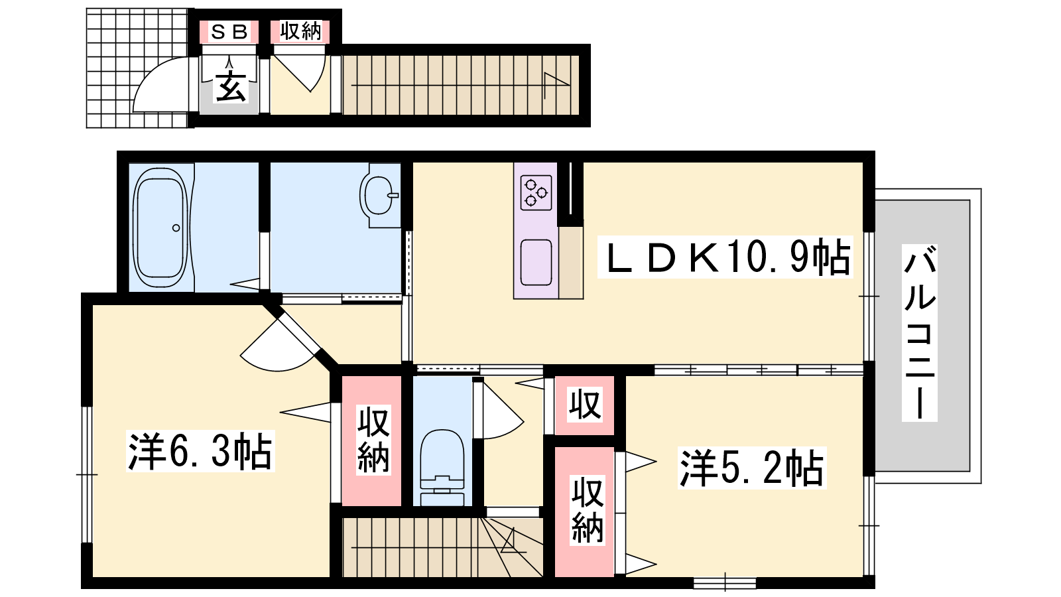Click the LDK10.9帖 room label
[x=725, y=257]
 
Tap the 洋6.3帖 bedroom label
[x=200, y=451]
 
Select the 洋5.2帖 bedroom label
[x=752, y=468]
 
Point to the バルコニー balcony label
[x=919, y=333]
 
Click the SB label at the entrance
[x=229, y=32]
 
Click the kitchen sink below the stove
[x=536, y=263]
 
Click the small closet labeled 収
[x=585, y=405]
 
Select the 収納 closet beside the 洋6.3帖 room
[x=372, y=440]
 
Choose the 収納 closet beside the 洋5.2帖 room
[x=585, y=511]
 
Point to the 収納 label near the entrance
[x=300, y=31]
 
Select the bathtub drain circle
[x=176, y=228]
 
